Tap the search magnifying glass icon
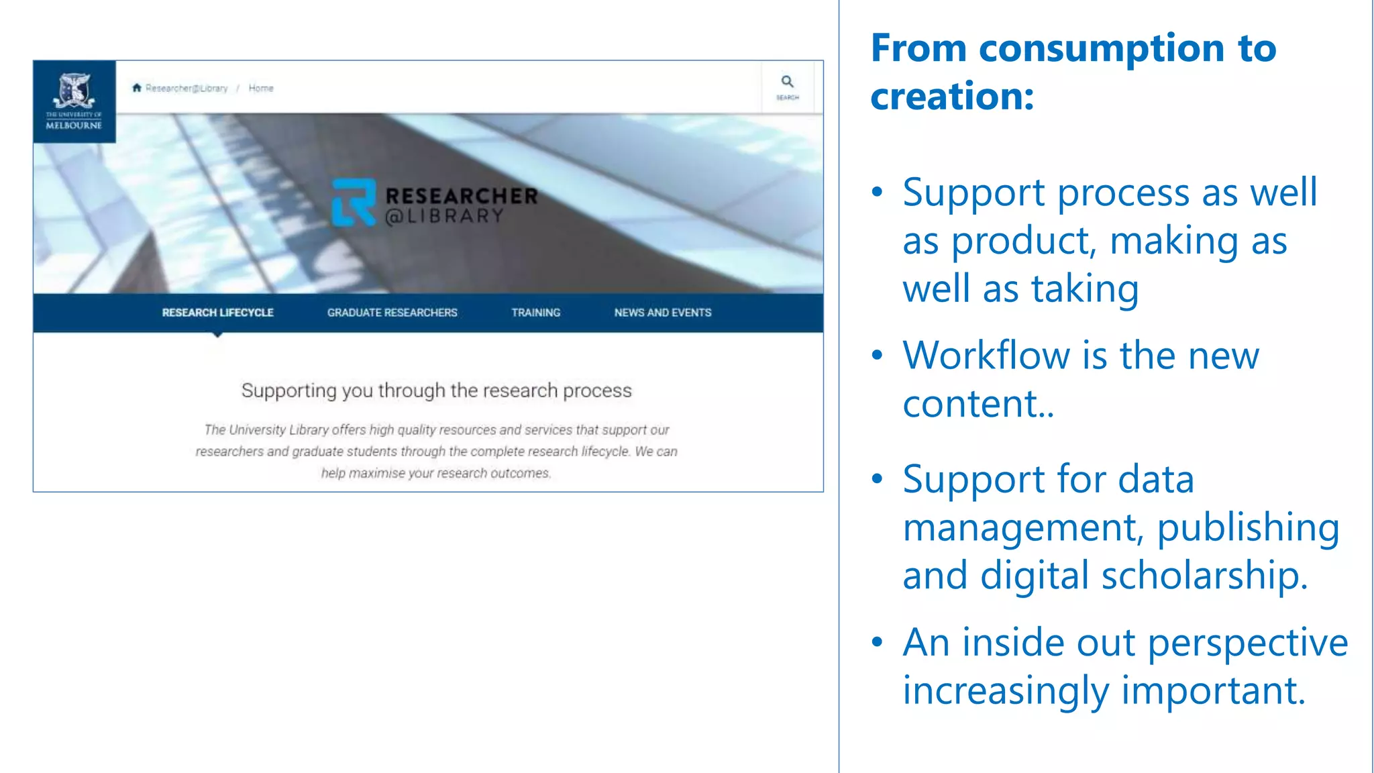[x=787, y=82]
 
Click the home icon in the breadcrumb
[x=137, y=88]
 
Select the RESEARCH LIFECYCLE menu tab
[x=217, y=313]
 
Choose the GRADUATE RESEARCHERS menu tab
[x=392, y=313]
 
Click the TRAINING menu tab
[x=535, y=313]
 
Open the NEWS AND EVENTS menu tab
[x=662, y=313]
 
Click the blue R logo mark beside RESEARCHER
[x=354, y=202]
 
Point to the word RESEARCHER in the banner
[x=462, y=196]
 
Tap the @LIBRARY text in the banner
[x=444, y=216]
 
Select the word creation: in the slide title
[x=952, y=97]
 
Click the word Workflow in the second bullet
[x=986, y=356]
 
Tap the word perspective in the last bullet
[x=1247, y=643]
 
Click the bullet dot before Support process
[x=877, y=193]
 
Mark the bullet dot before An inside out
[x=877, y=642]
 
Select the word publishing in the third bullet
[x=1248, y=527]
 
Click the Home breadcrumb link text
[x=261, y=88]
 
